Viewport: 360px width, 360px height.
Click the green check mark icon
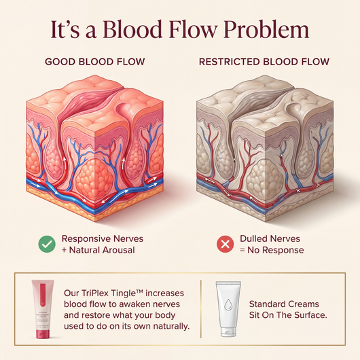(47, 244)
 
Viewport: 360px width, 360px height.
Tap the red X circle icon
(226, 244)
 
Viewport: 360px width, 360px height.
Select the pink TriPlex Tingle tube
(43, 309)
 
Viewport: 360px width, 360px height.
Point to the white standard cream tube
(228, 309)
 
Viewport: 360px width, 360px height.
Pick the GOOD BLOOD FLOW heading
(95, 62)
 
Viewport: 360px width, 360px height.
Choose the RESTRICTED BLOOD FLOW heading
(264, 62)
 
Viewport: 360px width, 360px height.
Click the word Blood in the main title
(132, 29)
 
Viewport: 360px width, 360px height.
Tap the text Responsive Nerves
(103, 239)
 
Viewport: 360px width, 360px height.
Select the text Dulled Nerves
(270, 239)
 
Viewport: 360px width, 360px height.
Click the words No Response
(276, 250)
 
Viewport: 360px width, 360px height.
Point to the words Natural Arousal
(102, 250)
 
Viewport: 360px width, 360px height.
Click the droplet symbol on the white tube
(228, 305)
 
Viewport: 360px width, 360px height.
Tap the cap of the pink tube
(43, 334)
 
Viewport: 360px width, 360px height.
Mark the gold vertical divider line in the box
(200, 309)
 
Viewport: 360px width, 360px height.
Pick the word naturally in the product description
(171, 326)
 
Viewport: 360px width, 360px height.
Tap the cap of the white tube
(228, 332)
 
